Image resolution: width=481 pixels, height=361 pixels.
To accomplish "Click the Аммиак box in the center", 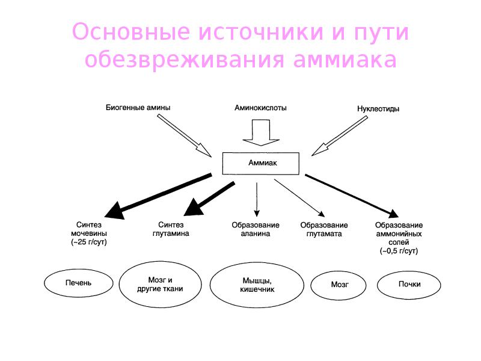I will pos(260,163).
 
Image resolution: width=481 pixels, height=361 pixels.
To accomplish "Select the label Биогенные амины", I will pos(138,108).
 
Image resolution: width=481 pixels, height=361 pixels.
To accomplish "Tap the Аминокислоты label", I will pos(260,108).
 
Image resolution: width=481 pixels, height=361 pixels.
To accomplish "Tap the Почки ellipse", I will pos(409,284).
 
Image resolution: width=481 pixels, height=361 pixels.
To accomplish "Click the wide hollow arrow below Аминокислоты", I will pos(260,133).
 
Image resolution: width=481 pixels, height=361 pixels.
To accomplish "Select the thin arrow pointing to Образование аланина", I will pos(257,199).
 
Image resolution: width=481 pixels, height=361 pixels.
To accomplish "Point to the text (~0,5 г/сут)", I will pos(399,250).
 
